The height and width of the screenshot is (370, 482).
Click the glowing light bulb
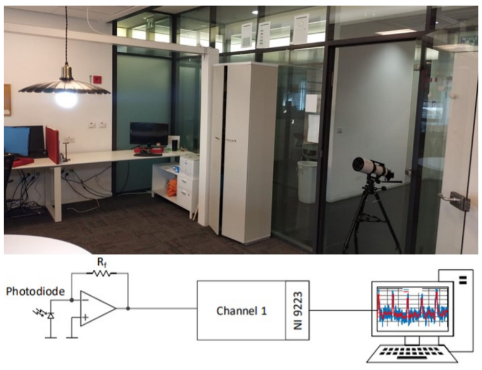[66, 99]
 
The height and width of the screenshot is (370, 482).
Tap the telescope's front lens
[357, 165]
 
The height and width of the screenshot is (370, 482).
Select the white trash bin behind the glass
[307, 182]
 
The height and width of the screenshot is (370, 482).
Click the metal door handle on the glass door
[454, 200]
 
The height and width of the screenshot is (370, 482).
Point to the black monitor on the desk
[149, 134]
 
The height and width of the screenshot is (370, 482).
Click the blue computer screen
[17, 140]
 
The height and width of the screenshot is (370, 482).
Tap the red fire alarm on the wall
[97, 79]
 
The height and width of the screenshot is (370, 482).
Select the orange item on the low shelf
[172, 187]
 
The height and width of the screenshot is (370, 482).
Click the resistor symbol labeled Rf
[101, 273]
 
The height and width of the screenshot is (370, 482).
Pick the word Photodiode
[35, 291]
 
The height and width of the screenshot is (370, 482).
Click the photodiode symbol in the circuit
[50, 315]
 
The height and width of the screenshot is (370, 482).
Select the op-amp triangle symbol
[98, 308]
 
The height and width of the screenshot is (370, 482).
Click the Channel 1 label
[242, 311]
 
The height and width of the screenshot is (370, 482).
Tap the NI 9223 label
[298, 311]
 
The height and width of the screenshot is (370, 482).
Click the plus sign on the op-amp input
[85, 317]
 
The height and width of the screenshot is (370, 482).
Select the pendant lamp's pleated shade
[64, 86]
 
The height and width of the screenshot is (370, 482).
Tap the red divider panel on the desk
[53, 145]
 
